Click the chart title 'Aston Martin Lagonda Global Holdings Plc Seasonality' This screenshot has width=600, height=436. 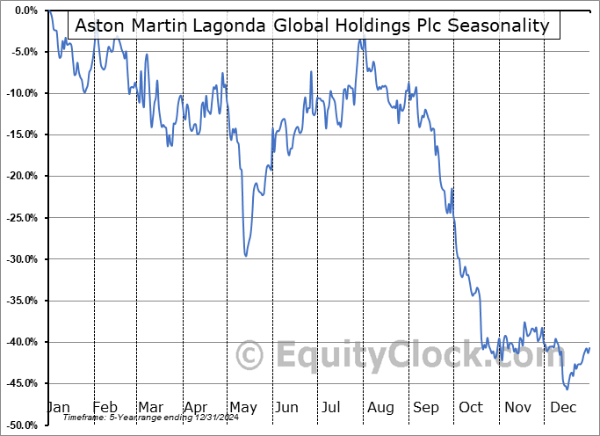tap(312, 25)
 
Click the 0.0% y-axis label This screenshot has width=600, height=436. tap(23, 11)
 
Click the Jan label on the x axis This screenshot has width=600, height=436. tap(57, 408)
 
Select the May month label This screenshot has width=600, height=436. tap(242, 408)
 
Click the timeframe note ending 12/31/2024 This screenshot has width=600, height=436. tap(128, 418)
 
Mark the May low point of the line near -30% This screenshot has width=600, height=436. tap(245, 256)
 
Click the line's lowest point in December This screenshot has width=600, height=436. tap(567, 389)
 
